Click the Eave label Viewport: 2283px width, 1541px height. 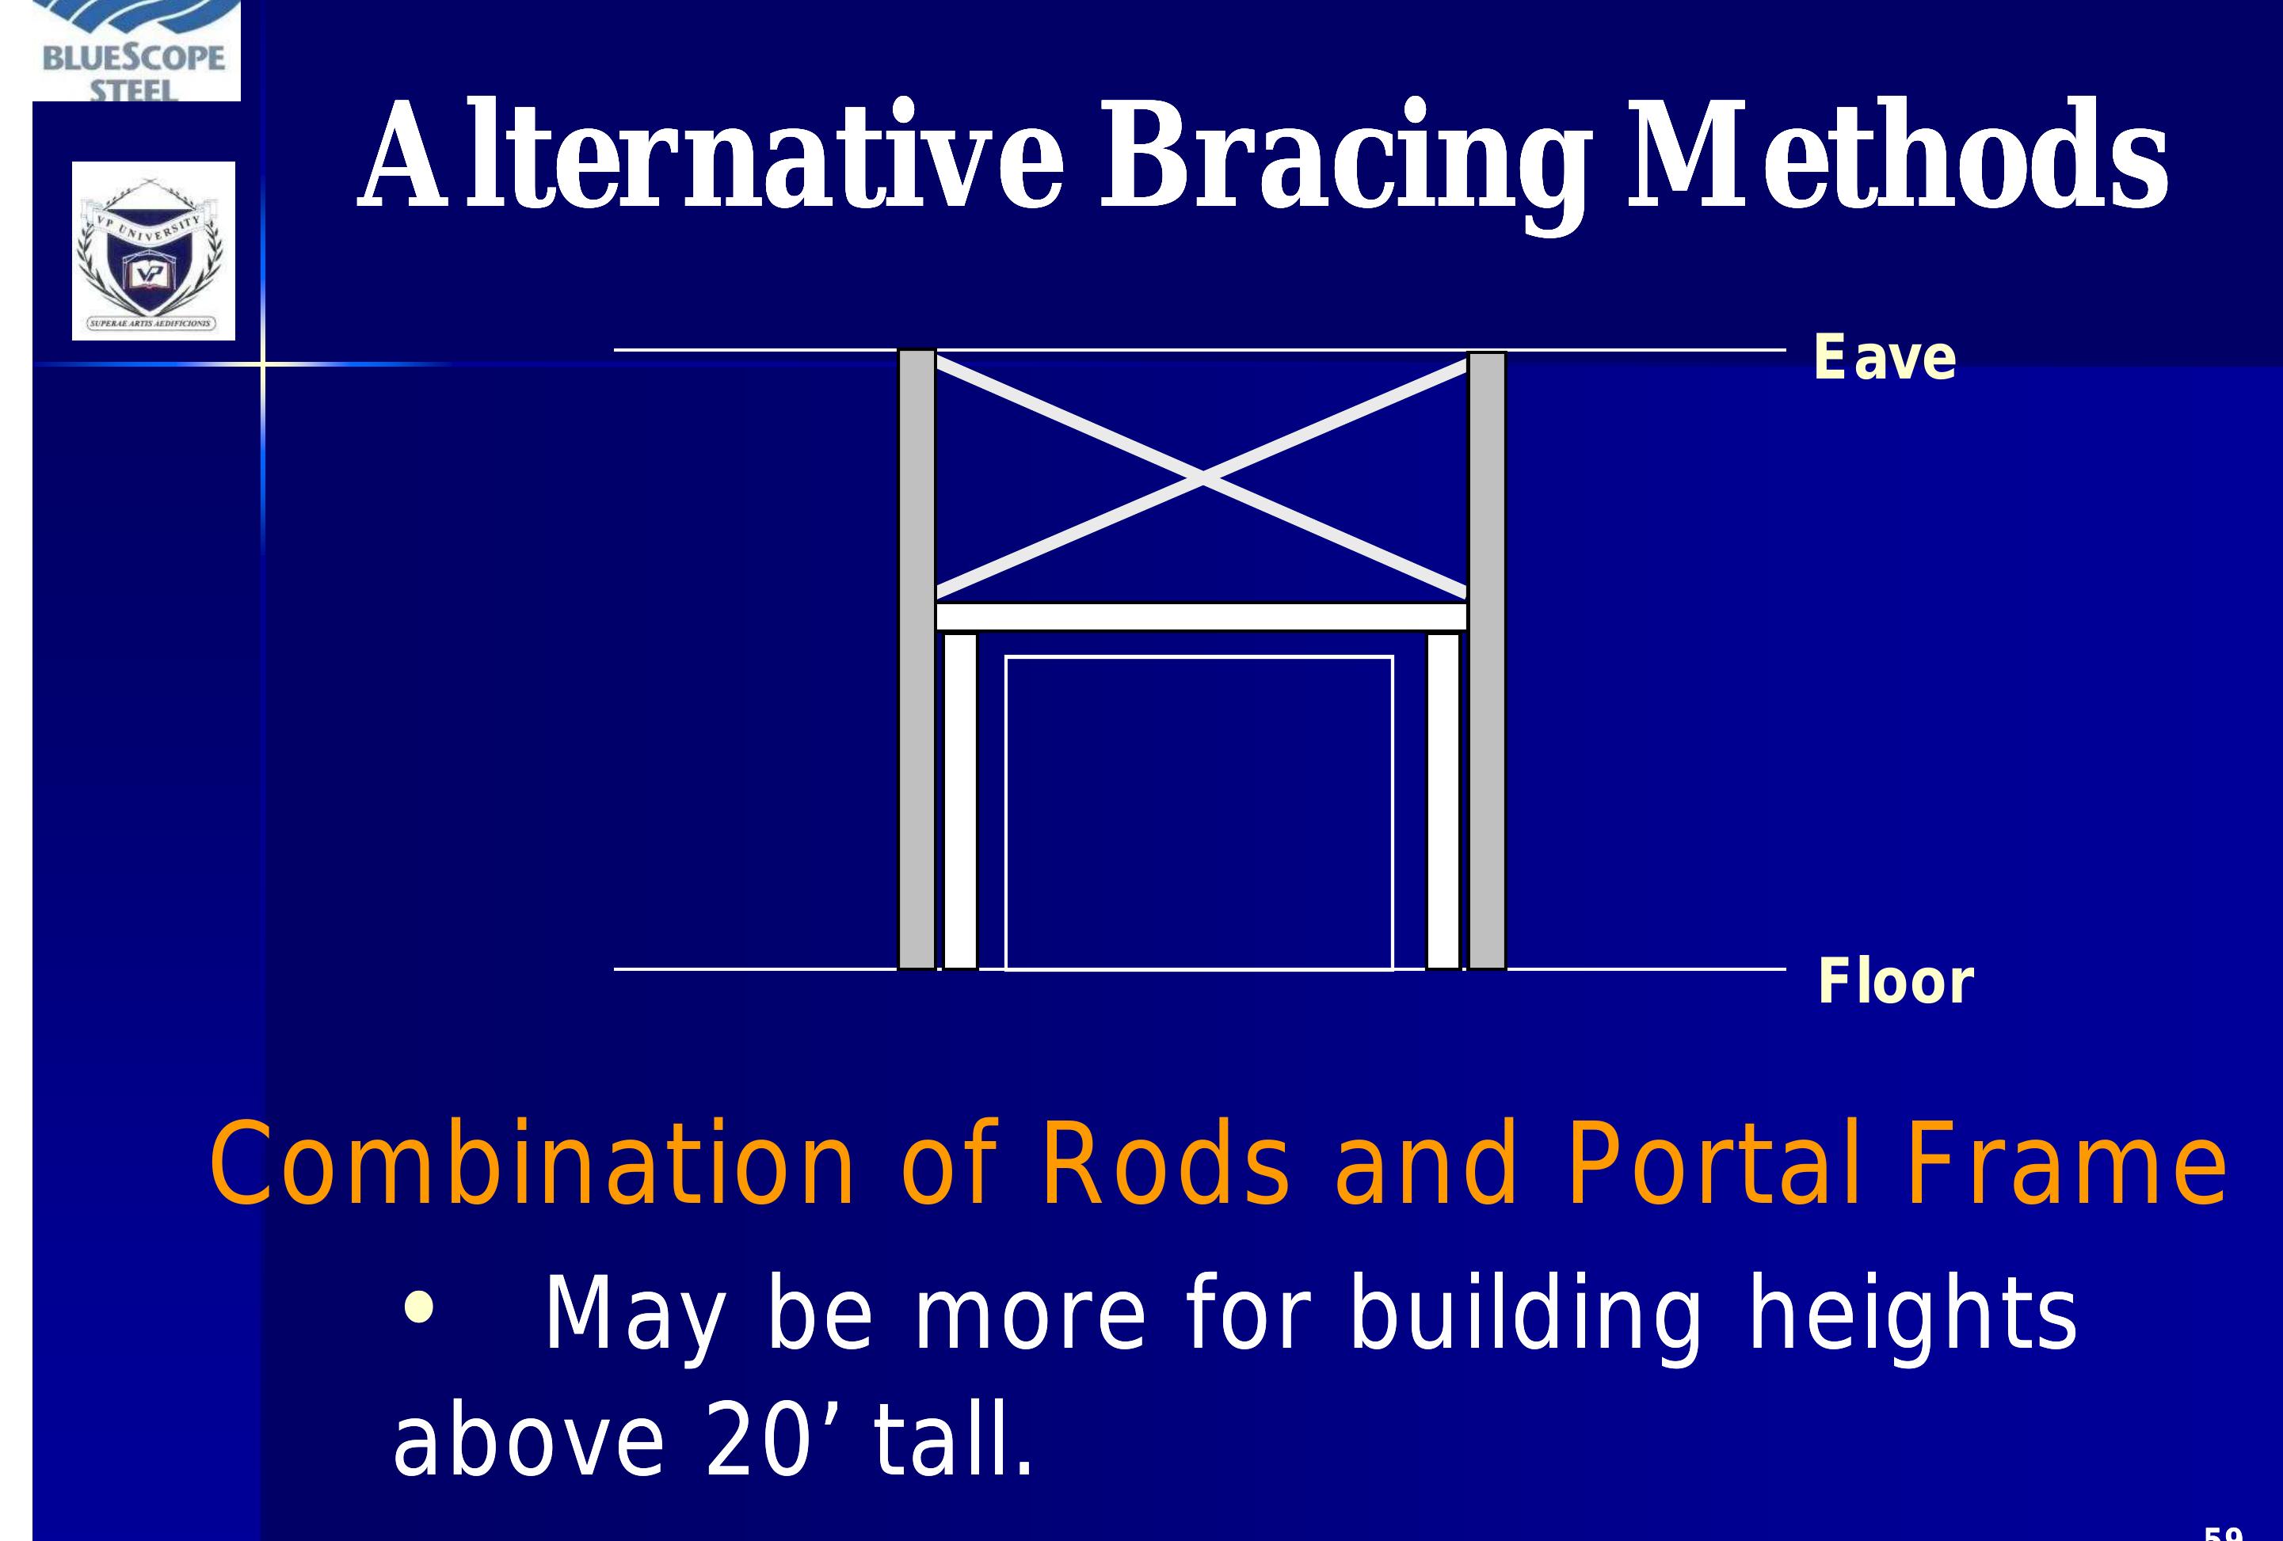point(1885,357)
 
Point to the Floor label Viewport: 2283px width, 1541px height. point(1895,981)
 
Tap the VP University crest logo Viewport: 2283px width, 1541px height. point(153,252)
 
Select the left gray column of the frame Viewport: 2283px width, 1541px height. point(917,658)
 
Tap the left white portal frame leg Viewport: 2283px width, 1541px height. point(961,801)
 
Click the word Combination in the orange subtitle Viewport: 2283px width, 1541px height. point(532,1166)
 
